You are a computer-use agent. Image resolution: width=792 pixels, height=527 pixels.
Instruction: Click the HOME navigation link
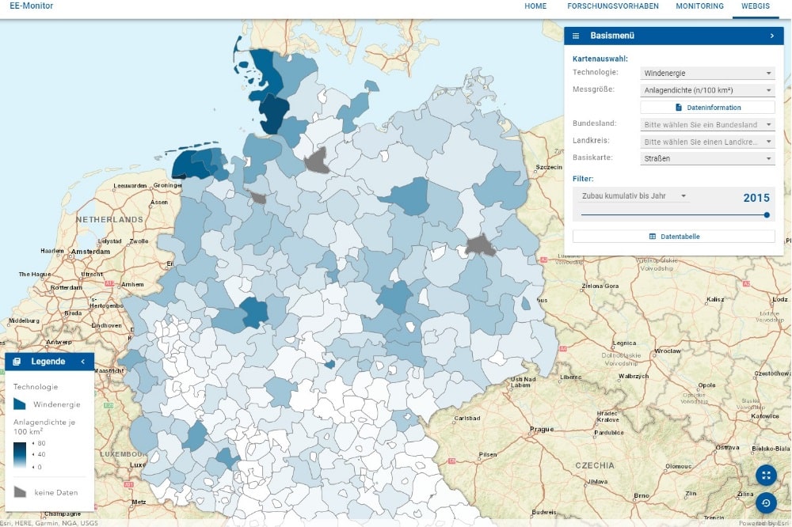click(x=535, y=6)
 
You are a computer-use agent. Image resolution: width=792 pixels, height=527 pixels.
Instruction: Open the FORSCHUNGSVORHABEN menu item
click(x=612, y=6)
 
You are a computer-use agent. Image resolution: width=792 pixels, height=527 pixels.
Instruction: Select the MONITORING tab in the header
click(x=699, y=6)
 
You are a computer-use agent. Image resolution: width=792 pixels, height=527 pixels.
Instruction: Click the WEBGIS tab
click(x=755, y=6)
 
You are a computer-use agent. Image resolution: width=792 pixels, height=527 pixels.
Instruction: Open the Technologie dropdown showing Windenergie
click(x=707, y=73)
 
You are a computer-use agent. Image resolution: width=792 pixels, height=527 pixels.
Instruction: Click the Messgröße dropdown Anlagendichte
click(x=707, y=90)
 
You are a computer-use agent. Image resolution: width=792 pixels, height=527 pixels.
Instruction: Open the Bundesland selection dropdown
click(x=707, y=124)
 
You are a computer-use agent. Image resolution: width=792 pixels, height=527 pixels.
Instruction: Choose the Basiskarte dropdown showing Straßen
click(x=707, y=158)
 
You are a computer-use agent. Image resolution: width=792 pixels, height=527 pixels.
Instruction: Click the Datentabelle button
click(x=673, y=237)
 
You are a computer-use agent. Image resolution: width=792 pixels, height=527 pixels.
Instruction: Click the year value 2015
click(x=756, y=198)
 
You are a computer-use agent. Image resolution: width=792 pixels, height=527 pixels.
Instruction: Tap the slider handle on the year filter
click(x=767, y=214)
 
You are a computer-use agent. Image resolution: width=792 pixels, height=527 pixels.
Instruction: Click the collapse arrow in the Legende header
click(x=83, y=362)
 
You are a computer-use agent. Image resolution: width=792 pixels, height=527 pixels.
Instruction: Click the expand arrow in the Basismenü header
click(x=772, y=36)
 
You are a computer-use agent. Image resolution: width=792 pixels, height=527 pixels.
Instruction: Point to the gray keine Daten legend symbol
click(x=20, y=492)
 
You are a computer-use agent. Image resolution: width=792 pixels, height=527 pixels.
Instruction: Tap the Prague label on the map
click(x=542, y=430)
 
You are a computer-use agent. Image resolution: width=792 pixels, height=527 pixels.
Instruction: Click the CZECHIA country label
click(x=595, y=465)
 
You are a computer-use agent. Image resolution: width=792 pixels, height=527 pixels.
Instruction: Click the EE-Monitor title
click(x=32, y=6)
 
